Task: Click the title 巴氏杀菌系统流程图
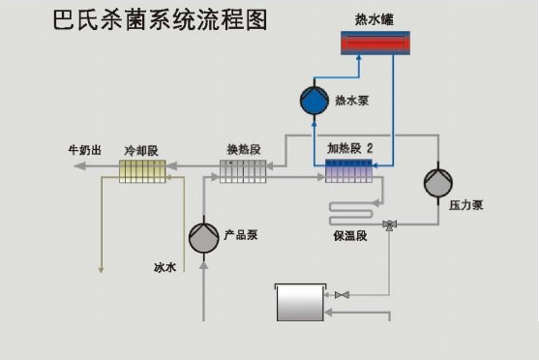click(161, 20)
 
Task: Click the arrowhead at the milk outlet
click(78, 166)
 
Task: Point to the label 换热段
click(243, 150)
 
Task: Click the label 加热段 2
click(350, 150)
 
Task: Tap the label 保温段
click(349, 236)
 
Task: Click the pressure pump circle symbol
click(438, 181)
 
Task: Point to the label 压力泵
click(465, 207)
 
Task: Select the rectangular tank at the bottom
click(301, 302)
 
